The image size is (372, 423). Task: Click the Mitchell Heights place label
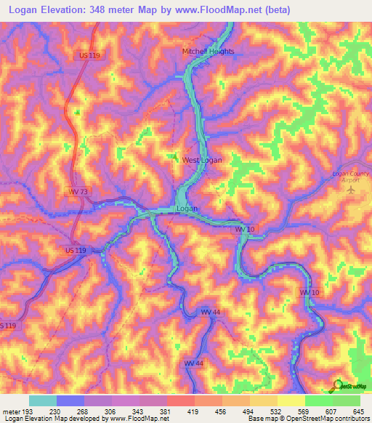pos(208,52)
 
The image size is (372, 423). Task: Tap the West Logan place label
pos(202,161)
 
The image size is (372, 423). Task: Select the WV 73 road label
pos(79,191)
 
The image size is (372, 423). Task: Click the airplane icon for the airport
pos(353,190)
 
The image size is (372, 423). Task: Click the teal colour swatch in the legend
pos(42,400)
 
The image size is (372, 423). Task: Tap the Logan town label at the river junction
pos(187,209)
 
